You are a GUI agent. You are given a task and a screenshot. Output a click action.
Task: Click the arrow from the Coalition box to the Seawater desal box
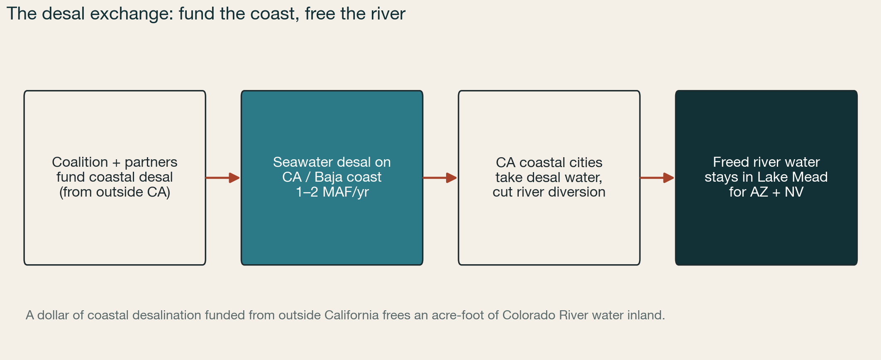point(223,178)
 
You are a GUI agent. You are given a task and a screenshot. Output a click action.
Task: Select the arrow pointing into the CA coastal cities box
point(440,178)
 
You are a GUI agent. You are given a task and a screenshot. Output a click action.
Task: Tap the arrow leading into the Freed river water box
point(657,178)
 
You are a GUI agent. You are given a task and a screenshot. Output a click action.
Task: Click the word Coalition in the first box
point(80,162)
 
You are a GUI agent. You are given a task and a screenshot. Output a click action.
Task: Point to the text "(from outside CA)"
point(115,192)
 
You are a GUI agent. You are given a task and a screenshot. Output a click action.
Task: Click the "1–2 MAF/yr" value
point(332,192)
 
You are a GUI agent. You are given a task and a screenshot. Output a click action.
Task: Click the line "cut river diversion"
point(549,192)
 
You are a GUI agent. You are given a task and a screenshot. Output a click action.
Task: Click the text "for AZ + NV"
point(766,192)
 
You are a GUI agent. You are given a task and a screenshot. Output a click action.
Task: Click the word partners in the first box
point(151,162)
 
